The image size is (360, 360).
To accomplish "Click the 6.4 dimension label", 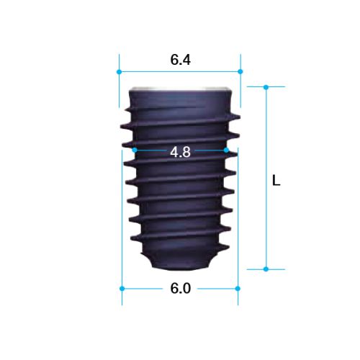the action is point(181,60).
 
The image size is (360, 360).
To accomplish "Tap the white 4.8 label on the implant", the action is point(181,152).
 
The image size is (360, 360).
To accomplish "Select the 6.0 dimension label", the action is point(181,288).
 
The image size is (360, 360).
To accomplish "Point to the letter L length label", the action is point(276,180).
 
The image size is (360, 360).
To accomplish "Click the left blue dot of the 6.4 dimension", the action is point(119,72).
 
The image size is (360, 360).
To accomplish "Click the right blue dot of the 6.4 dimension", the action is point(240,71).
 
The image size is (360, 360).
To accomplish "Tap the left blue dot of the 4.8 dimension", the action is point(135,150).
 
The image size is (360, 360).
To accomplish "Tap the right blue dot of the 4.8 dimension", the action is point(226,150).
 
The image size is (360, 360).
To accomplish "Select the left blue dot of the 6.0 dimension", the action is point(122,289).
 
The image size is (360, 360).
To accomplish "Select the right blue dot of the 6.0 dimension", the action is point(238,289).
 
